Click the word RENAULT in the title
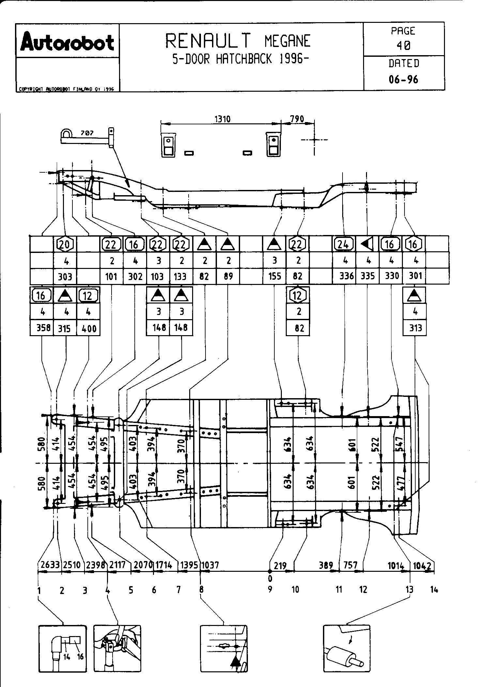pos(208,41)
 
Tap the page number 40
pos(404,46)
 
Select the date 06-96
pos(404,79)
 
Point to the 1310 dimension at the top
pos(222,119)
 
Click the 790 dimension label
pos(297,119)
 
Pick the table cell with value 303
pos(65,277)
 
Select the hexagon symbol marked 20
pos(65,244)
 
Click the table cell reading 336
pos(346,276)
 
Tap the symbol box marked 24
pos(344,244)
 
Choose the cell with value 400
pos(89,328)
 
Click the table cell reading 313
pos(415,328)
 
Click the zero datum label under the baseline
pos(270,579)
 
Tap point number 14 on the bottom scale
pos(434,589)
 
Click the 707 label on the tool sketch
pos(87,133)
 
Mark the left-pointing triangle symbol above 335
pos(368,244)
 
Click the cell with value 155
pos(275,276)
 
